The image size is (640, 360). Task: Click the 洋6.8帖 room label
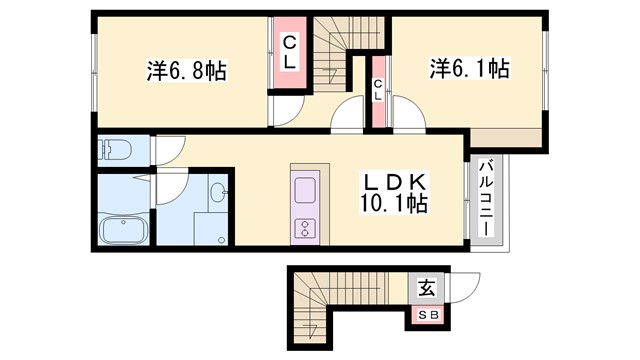(x=187, y=71)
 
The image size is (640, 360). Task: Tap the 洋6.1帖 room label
(x=470, y=69)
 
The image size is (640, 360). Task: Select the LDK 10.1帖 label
(x=395, y=193)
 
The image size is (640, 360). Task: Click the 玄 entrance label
(x=426, y=289)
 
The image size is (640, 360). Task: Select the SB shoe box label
(x=427, y=317)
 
